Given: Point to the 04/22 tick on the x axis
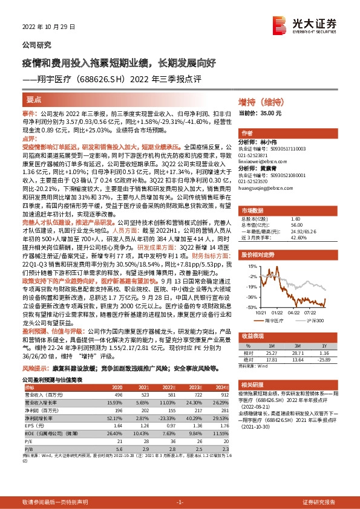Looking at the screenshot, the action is pyautogui.click(x=294, y=313).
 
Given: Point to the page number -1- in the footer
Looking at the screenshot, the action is pyautogui.click(x=180, y=502).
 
